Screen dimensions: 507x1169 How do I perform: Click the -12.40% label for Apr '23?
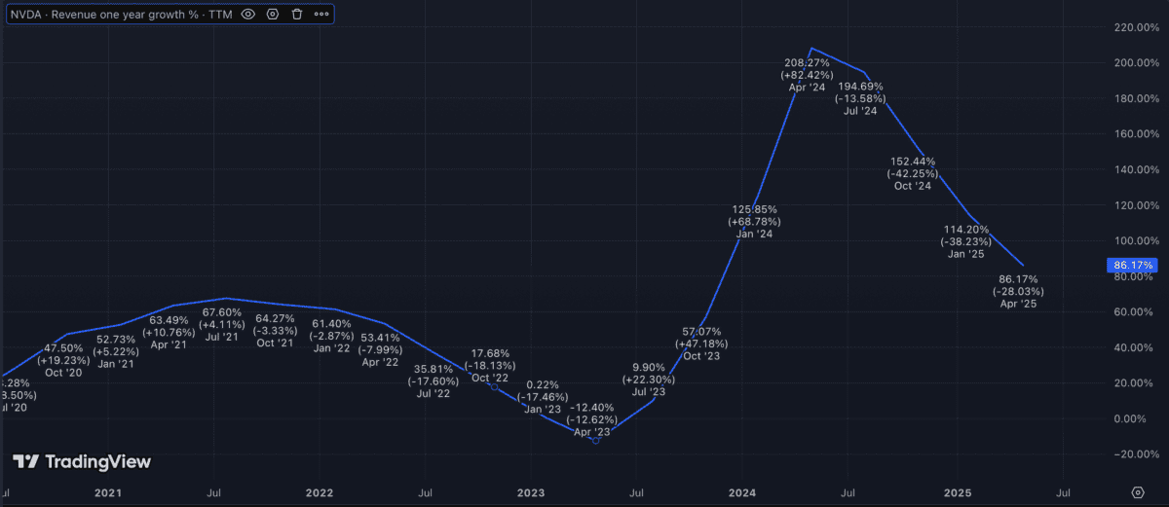tap(593, 407)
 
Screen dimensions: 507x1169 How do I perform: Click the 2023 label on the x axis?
tap(532, 493)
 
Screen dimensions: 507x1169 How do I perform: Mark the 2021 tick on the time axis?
tap(108, 493)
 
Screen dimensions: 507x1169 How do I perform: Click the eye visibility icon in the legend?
tap(247, 15)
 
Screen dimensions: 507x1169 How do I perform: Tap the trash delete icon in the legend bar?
tap(297, 15)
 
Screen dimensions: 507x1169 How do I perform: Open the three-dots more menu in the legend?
tap(321, 15)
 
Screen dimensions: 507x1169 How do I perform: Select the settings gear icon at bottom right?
tap(1137, 492)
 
